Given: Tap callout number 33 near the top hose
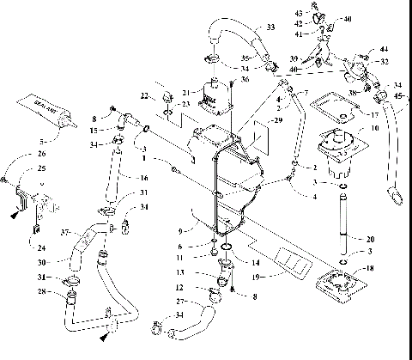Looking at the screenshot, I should pos(270,28).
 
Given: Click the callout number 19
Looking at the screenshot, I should pos(256,277).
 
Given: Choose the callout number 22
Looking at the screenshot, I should pos(145,94).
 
